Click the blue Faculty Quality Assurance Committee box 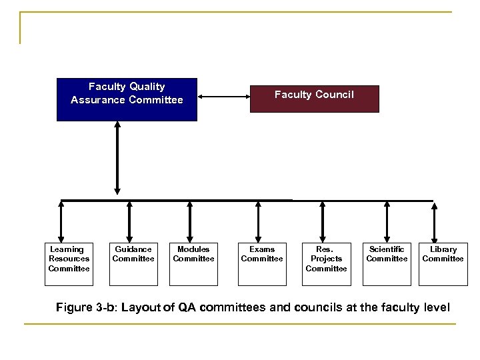(127, 99)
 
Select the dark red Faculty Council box (314, 98)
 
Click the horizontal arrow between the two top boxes (224, 98)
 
